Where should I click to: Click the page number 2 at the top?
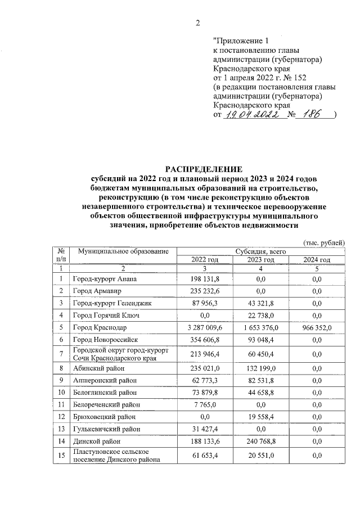(197, 23)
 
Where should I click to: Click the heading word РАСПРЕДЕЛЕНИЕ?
(202, 169)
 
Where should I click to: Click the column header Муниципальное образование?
(124, 250)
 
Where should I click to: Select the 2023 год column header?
(260, 259)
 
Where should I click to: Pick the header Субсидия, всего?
(260, 250)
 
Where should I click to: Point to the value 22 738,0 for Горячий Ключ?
(260, 316)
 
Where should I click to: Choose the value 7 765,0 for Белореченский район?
(204, 404)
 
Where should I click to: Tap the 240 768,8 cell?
(260, 441)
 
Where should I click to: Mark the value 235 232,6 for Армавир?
(204, 291)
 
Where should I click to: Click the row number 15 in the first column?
(60, 456)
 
